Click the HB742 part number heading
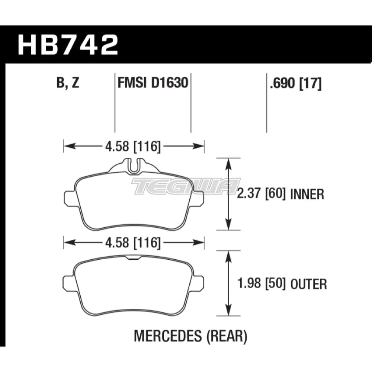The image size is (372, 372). [68, 45]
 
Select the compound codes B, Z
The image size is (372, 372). [68, 83]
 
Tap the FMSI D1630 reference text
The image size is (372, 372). [153, 83]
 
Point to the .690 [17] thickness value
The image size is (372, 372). [296, 83]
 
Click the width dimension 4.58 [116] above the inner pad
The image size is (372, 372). [133, 146]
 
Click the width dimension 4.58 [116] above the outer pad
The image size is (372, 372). [133, 243]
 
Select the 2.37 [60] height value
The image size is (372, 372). [261, 194]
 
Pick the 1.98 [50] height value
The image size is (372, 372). [262, 283]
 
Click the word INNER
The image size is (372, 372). [307, 194]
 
